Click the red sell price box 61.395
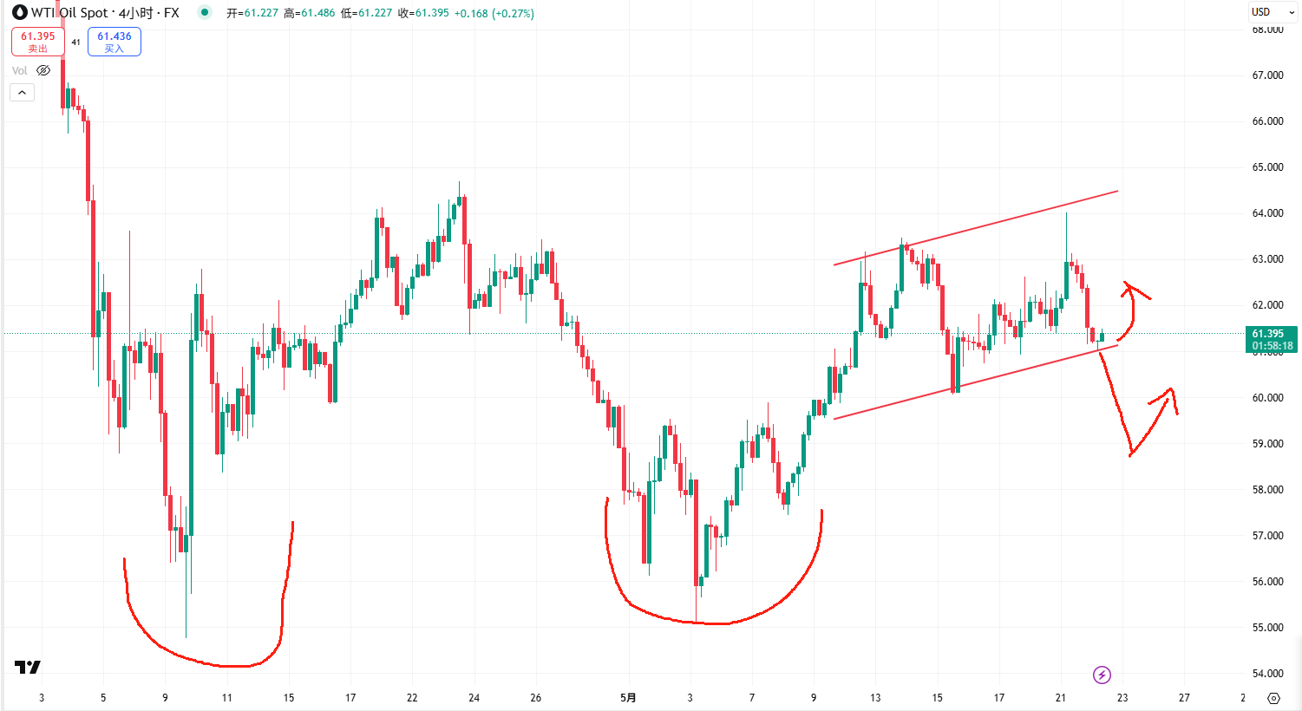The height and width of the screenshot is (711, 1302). (37, 42)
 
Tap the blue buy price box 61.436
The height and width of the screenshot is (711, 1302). (114, 42)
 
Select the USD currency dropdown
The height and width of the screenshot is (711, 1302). (1273, 12)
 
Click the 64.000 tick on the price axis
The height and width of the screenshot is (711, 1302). (1267, 213)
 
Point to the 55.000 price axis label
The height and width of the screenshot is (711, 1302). (1267, 628)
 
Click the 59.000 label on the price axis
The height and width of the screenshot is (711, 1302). (1267, 444)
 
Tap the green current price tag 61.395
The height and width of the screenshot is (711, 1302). (1272, 339)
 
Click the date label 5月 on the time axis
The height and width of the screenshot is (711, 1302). (628, 697)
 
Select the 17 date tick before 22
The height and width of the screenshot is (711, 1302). (350, 697)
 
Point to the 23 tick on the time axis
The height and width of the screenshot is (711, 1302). (1122, 697)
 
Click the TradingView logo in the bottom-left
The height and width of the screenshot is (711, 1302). (28, 667)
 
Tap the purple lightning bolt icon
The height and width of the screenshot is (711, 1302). (1102, 675)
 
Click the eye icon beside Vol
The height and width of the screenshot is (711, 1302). (43, 70)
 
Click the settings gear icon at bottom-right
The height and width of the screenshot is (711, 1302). (1273, 698)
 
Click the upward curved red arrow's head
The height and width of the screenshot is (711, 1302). (1128, 286)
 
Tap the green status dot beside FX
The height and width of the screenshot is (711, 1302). (204, 12)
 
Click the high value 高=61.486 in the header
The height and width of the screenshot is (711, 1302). (310, 14)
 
